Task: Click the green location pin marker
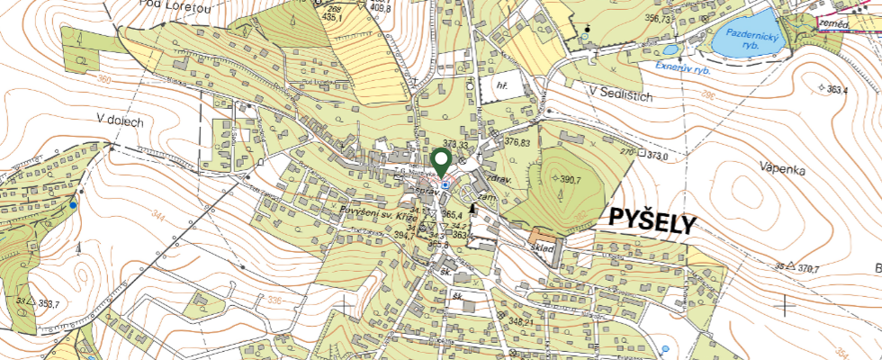click(x=441, y=162)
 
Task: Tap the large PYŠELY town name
click(x=652, y=221)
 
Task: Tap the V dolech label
click(x=121, y=121)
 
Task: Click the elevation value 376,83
click(x=517, y=141)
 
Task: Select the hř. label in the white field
click(x=502, y=85)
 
